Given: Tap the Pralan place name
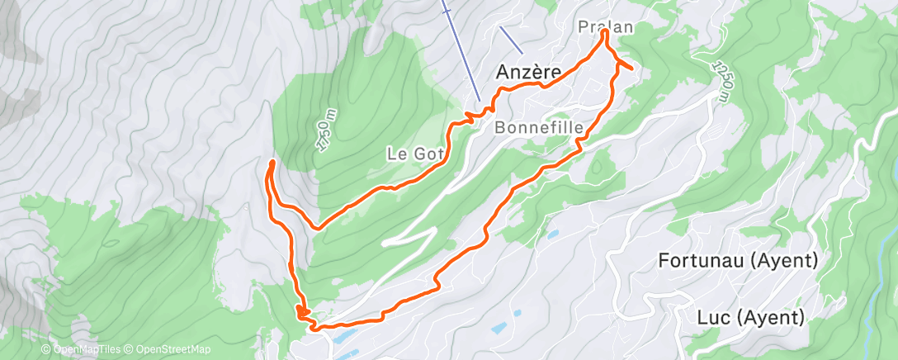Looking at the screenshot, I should pyautogui.click(x=605, y=26).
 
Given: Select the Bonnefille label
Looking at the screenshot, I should pyautogui.click(x=539, y=128).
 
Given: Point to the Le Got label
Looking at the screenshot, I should pyautogui.click(x=416, y=153).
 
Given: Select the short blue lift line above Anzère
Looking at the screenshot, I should pyautogui.click(x=511, y=37).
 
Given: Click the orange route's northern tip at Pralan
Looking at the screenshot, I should pyautogui.click(x=604, y=33).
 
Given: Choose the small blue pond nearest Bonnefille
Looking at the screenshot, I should pyautogui.click(x=551, y=234).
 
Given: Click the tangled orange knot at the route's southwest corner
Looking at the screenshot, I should pyautogui.click(x=304, y=315).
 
